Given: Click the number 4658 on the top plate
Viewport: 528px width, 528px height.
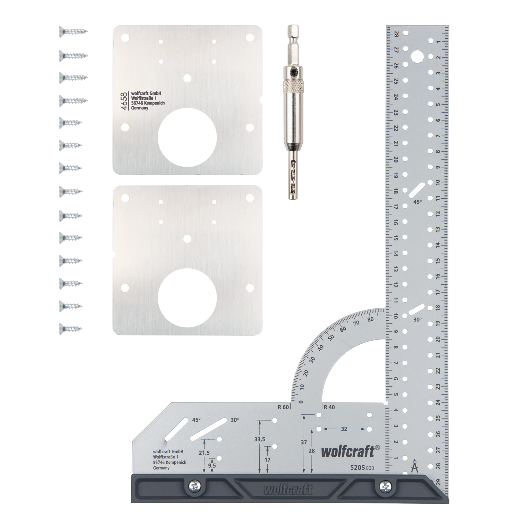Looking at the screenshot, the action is [124, 101].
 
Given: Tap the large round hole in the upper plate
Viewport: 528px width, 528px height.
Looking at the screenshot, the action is [187, 137].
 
